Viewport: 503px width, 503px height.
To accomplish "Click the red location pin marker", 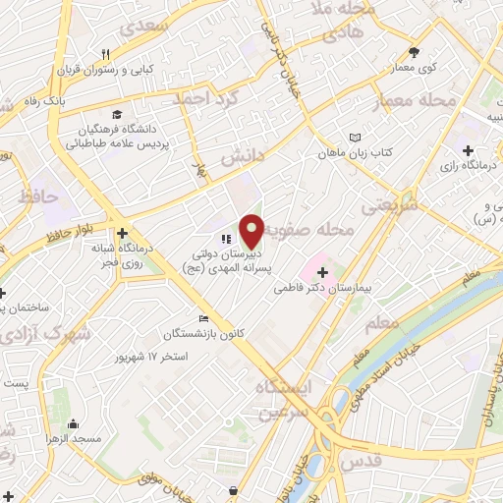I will [251, 230].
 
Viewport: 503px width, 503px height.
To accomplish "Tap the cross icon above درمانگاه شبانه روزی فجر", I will [122, 234].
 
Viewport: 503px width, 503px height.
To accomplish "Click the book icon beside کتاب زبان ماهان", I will [355, 139].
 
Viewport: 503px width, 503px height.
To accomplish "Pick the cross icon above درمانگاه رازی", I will [467, 150].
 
